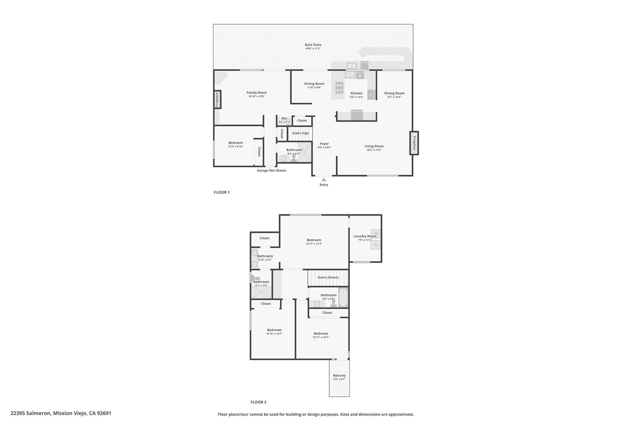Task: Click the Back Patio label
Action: pos(313,45)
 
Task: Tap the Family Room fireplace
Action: pos(217,100)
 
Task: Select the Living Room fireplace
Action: pos(414,143)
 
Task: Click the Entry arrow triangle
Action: pos(324,180)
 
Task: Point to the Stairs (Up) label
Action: pos(300,133)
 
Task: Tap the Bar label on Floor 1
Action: pos(284,118)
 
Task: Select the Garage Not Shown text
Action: pos(272,171)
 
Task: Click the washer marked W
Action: pos(376,234)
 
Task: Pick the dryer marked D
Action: pos(376,245)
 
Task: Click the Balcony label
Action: pos(339,375)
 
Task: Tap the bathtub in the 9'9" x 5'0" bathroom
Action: pos(343,297)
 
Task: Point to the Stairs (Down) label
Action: pos(328,277)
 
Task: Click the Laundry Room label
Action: pos(365,236)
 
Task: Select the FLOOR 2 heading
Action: pos(258,402)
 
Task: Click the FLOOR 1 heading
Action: pos(222,192)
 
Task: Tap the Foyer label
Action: pos(324,144)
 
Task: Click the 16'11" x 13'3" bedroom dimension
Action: pos(314,244)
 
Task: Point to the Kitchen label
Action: pos(356,93)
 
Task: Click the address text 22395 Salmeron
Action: pos(31,413)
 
